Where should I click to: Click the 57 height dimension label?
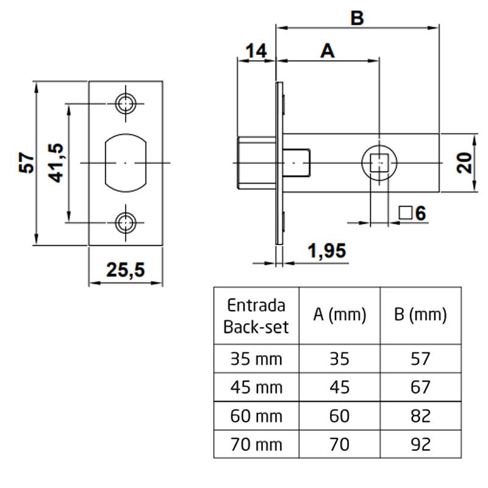coord(27,163)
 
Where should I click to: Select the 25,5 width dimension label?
coord(126,269)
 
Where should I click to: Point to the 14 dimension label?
coord(256,51)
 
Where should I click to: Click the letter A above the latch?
coord(328,51)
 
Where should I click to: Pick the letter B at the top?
coord(357,18)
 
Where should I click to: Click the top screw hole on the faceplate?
coord(126,102)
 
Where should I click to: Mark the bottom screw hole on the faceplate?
coord(126,223)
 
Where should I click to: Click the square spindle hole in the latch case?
coord(379,163)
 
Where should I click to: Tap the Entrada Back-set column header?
coord(255,315)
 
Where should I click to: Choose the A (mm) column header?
coord(340,315)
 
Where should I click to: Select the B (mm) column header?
coord(421,315)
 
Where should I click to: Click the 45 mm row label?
coord(255,387)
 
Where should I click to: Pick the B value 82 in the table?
coord(421,416)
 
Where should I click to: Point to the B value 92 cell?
coord(421,443)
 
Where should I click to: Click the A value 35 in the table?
coord(340,359)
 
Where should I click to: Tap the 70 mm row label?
coord(255,443)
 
